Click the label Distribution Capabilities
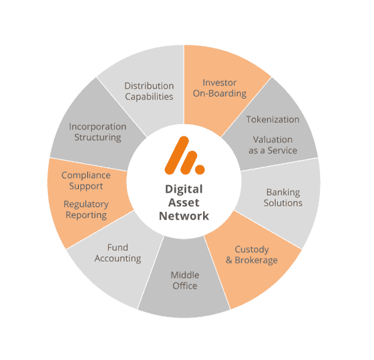pos(149,91)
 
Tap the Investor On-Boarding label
pos(220,88)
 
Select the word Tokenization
pos(272,119)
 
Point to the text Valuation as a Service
pos(273,145)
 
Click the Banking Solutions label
pos(283,197)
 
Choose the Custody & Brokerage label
pos(252,255)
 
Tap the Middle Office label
pos(185,280)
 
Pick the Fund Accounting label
pos(117,253)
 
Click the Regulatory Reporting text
pos(86,210)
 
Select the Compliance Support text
pos(86,180)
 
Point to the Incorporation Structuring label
pos(97,132)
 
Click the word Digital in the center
pos(184,189)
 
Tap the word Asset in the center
pos(184,203)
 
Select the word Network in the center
pos(184,216)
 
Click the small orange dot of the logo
pos(200,169)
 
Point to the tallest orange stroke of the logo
pos(177,155)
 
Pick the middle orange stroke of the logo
pos(189,163)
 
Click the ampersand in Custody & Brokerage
pos(229,260)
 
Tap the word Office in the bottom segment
pos(185,286)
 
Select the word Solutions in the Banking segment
pos(283,203)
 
